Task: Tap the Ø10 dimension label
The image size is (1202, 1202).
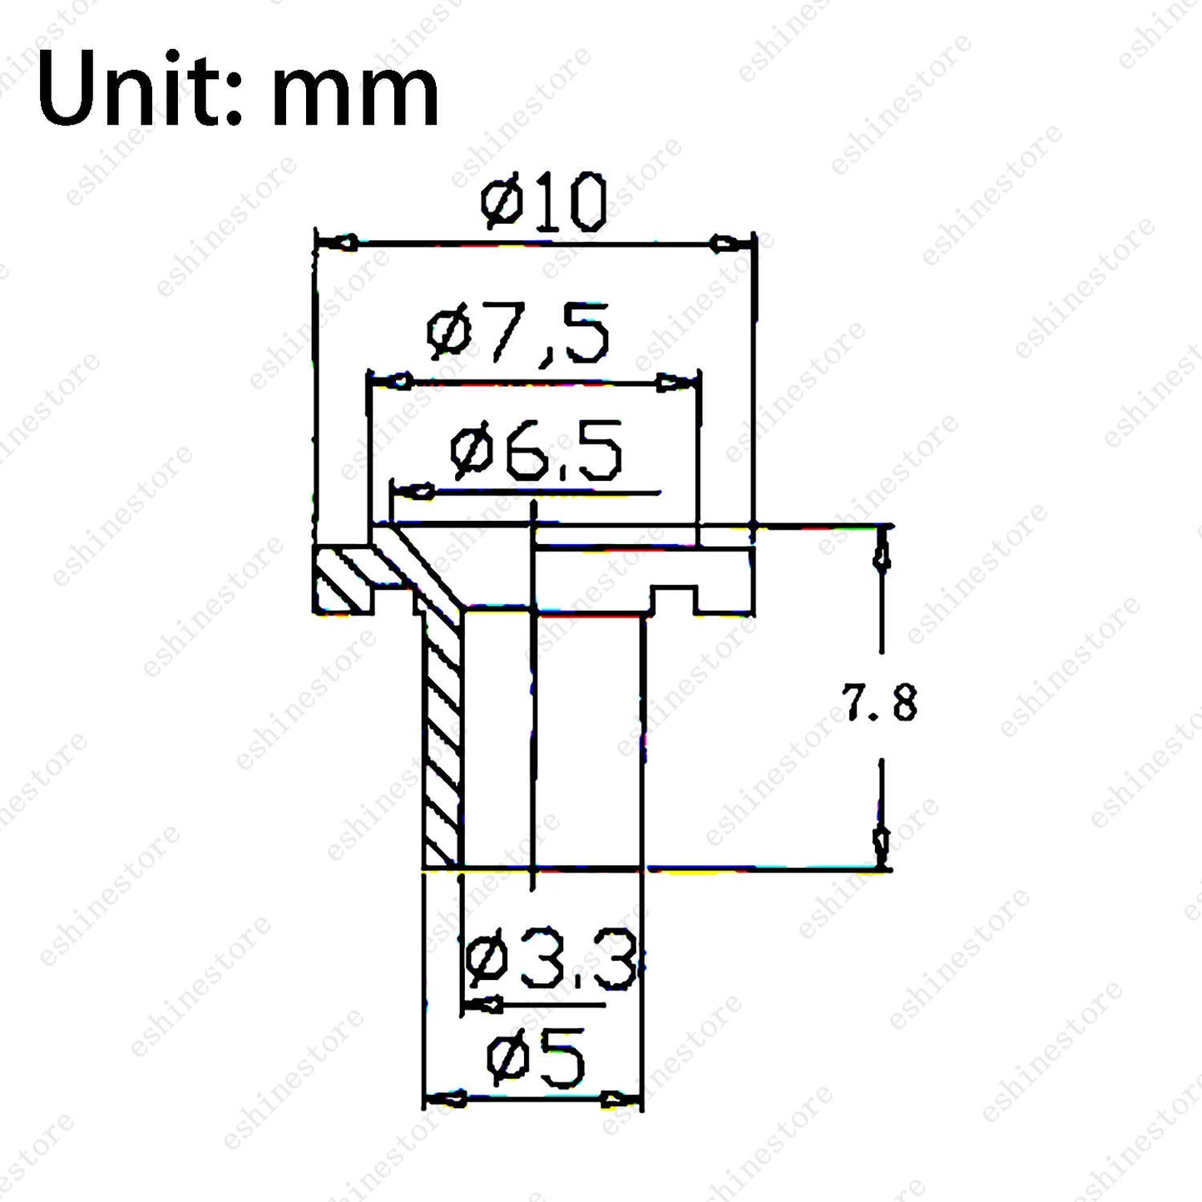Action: coord(543,202)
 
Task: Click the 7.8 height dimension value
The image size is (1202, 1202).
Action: coord(879,702)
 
